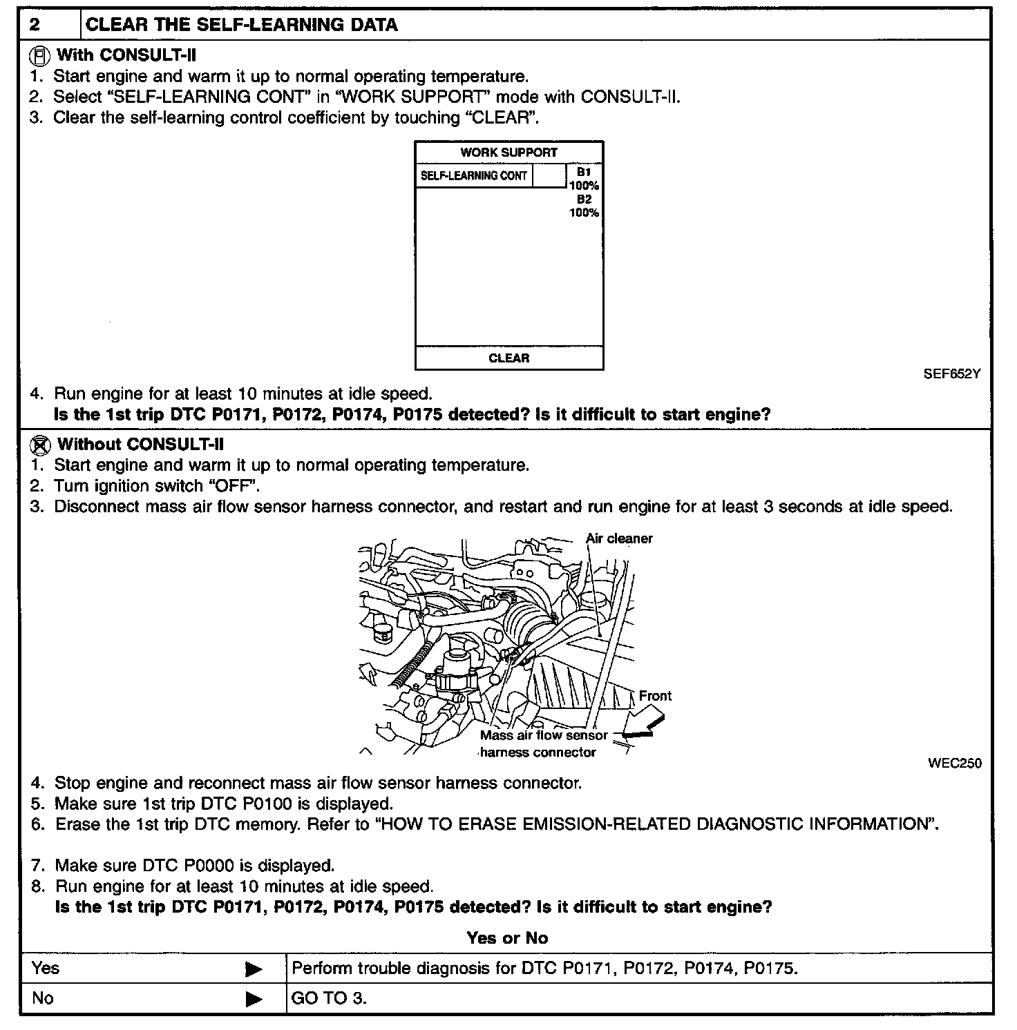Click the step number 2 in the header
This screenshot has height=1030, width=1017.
35,26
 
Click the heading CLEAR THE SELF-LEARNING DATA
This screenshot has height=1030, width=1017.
241,26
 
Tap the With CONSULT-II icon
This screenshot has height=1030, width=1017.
41,55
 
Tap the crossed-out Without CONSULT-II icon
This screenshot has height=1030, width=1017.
41,444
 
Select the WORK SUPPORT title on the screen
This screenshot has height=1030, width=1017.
508,153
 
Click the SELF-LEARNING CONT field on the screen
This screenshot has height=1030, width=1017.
474,176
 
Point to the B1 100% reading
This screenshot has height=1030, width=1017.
584,178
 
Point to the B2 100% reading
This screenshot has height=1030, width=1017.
584,206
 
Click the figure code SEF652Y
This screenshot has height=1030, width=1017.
952,374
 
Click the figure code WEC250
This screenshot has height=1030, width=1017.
954,763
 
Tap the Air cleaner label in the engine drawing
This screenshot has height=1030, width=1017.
619,538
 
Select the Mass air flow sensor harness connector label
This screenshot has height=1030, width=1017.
543,744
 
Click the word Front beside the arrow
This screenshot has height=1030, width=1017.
655,696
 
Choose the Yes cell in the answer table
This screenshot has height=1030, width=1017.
46,969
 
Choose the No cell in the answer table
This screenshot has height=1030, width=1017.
42,998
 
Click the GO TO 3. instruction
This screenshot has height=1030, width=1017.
329,998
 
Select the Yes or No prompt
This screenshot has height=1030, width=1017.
507,937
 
